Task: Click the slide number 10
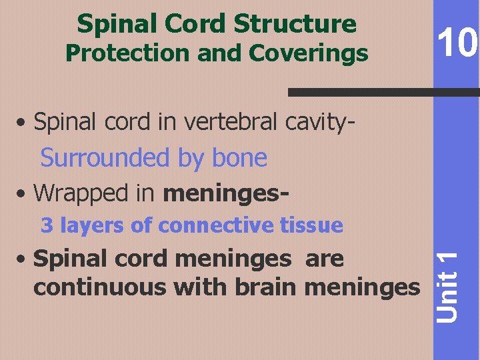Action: (457, 45)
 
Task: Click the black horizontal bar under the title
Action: (383, 93)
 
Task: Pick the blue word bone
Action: (239, 158)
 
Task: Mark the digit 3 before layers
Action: (47, 225)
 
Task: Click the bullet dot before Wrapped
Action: (23, 194)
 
